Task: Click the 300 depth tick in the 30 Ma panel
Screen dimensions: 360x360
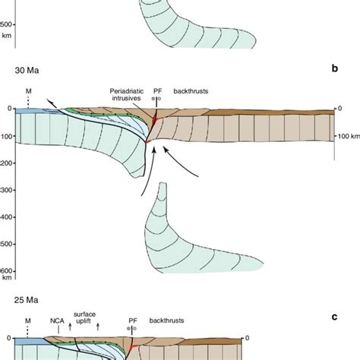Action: (7, 189)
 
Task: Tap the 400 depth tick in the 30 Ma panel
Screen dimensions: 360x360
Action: (7, 216)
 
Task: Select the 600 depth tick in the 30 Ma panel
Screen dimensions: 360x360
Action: (7, 270)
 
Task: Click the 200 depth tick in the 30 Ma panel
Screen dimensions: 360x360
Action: (7, 162)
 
